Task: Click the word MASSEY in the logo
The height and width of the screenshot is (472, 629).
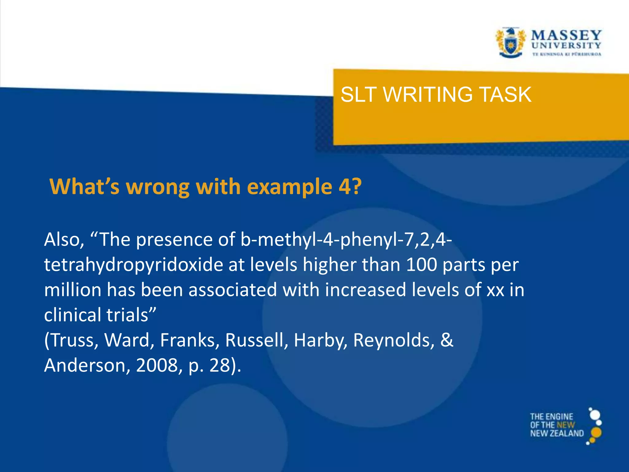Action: coord(566,35)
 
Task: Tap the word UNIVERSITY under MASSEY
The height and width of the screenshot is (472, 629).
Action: coord(566,45)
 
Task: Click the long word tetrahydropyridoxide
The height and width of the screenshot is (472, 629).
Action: coord(133,265)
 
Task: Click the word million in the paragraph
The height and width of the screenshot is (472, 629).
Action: coord(72,290)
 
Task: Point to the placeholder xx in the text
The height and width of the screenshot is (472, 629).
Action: coord(495,290)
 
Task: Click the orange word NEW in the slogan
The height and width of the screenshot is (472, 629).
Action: coord(566,425)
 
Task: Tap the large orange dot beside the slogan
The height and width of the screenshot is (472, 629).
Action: coord(596,432)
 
